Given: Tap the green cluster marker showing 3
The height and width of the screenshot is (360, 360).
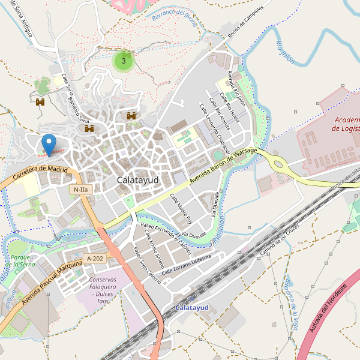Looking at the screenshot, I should (124, 61).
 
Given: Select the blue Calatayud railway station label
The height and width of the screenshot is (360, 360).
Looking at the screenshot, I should (191, 307).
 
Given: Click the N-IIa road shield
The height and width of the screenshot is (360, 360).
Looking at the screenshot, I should (80, 190).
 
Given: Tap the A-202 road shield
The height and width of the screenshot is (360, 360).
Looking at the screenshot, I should (95, 259).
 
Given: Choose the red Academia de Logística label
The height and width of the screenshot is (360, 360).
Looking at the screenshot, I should (346, 124).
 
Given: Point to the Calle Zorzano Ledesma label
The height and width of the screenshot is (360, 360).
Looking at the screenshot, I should (186, 265).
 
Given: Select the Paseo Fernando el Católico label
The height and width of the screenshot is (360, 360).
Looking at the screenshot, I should (165, 236).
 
